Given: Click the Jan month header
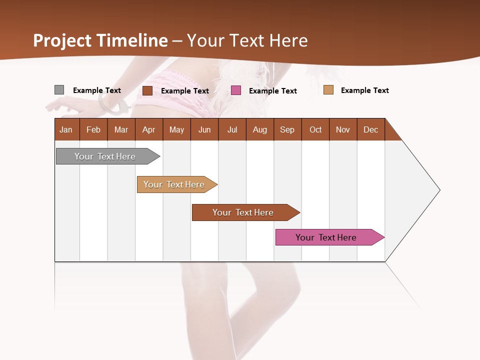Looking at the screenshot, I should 66,129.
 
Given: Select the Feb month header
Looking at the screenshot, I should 93,129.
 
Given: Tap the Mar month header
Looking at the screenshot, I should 121,129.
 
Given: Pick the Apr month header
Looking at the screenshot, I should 149,129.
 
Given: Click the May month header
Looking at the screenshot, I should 176,129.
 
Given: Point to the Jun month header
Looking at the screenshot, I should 204,129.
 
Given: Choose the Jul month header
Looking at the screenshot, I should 232,129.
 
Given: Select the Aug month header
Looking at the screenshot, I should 260,129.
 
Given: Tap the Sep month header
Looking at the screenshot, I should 287,129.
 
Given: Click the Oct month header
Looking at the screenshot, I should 315,129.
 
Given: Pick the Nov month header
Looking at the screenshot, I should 343,129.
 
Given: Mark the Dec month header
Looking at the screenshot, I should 371,129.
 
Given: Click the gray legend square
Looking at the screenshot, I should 59,90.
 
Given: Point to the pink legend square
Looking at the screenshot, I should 236,90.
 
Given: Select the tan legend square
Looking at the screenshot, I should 328,90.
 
